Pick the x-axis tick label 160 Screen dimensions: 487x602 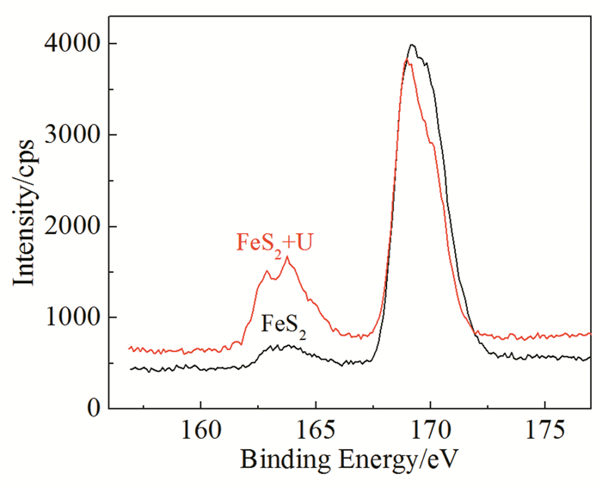200,432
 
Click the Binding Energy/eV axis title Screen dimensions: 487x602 350,460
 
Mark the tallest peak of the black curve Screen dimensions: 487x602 413,45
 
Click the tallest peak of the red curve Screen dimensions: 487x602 408,61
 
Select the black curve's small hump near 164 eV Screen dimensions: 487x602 289,346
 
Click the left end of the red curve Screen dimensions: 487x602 130,348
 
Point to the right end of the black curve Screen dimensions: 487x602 590,357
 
